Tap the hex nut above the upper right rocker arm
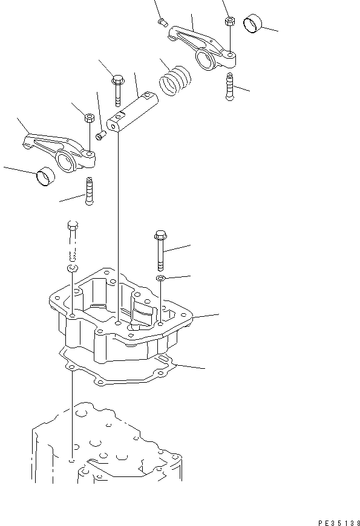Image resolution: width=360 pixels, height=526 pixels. [x=229, y=21]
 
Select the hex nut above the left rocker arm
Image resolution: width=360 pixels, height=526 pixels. [x=88, y=117]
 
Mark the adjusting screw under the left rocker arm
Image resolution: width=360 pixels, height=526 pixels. [x=90, y=190]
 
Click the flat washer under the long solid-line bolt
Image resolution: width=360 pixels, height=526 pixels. [x=160, y=278]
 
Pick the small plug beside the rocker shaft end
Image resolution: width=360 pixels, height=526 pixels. [x=102, y=134]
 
